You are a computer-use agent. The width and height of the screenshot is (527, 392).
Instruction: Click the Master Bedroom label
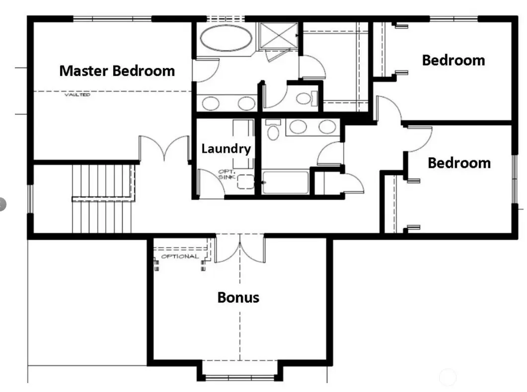[x=117, y=71]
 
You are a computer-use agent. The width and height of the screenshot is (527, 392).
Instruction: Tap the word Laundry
[x=226, y=149]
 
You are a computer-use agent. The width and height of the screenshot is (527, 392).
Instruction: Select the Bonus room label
[x=238, y=297]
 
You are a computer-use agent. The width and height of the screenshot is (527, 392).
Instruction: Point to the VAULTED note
[x=77, y=95]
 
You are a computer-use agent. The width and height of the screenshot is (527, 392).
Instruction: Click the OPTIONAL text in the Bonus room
[x=180, y=257]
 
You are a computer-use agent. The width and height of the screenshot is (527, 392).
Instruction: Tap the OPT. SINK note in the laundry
[x=227, y=174]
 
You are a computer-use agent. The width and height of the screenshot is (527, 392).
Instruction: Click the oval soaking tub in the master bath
[x=226, y=38]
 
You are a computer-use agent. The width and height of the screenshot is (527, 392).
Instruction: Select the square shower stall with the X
[x=279, y=36]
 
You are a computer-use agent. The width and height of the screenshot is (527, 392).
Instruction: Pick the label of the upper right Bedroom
[x=453, y=61]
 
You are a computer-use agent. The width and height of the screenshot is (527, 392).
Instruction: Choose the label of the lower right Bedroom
[x=459, y=163]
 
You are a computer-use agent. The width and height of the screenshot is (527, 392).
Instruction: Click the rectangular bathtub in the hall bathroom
[x=285, y=182]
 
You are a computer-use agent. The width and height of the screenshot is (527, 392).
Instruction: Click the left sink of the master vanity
[x=211, y=103]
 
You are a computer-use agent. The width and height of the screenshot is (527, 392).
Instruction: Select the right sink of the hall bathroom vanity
[x=327, y=127]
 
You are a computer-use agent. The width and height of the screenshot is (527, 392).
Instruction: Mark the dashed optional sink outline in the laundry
[x=246, y=182]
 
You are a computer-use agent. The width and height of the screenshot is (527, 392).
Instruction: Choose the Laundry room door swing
[x=211, y=183]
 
